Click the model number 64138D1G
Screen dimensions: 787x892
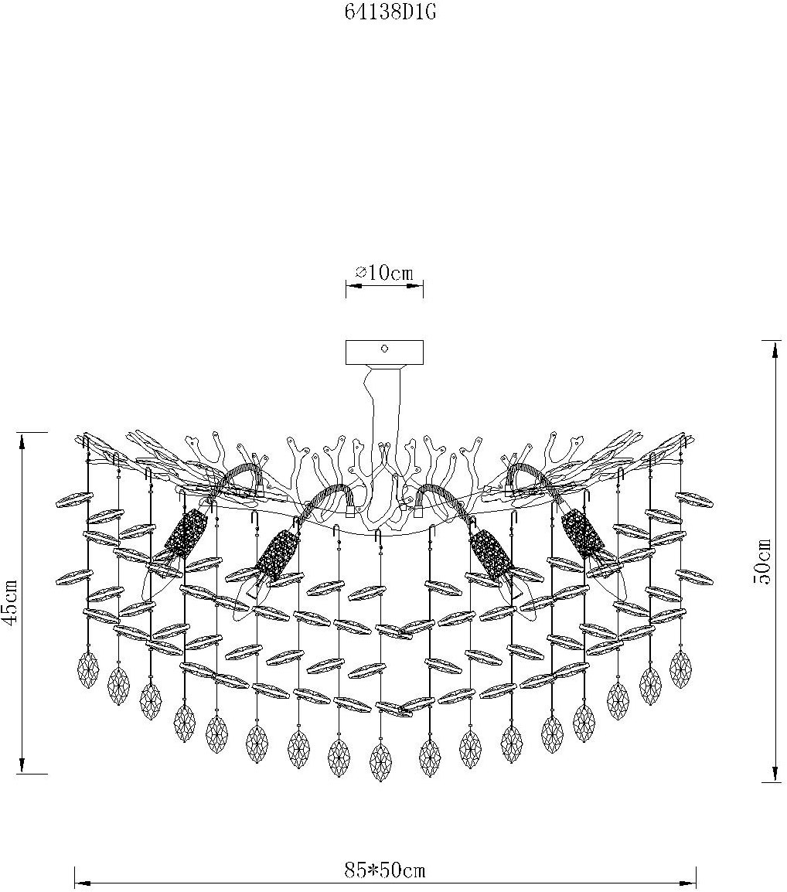390,12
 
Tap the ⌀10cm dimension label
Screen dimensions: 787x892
384,273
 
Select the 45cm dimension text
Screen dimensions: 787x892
12,602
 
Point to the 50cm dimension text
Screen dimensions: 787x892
761,561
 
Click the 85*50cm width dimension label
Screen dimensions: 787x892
385,870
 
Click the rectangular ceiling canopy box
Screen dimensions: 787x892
385,352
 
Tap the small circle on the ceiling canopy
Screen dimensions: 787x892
385,348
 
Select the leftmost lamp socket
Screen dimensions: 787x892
186,535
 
